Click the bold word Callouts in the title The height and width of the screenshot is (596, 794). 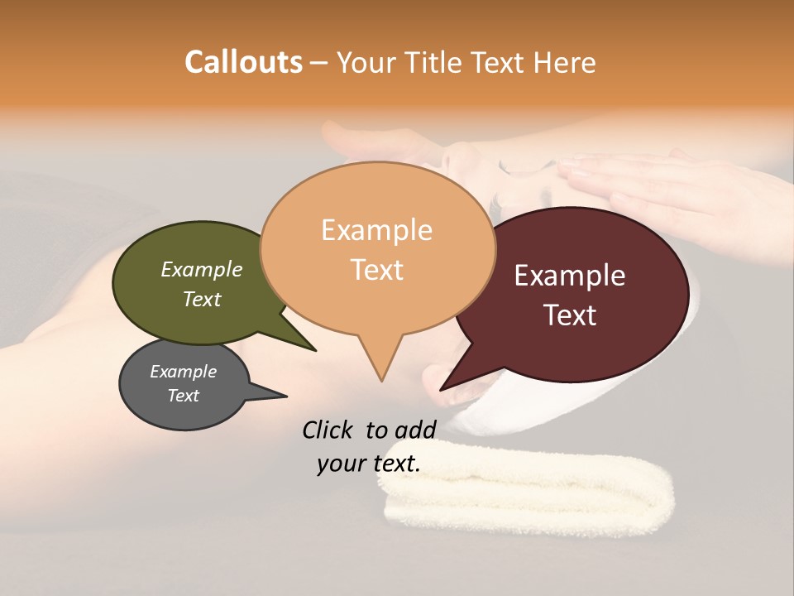(x=243, y=62)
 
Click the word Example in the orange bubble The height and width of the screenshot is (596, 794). (x=376, y=229)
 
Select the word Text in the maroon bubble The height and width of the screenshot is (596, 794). (x=570, y=315)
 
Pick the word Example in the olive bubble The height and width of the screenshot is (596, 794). (x=201, y=269)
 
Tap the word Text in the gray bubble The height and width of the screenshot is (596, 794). (x=183, y=396)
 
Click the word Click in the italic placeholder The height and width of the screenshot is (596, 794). (x=328, y=430)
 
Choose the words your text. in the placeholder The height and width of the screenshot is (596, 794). (x=368, y=464)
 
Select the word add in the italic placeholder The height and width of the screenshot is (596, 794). (x=415, y=430)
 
